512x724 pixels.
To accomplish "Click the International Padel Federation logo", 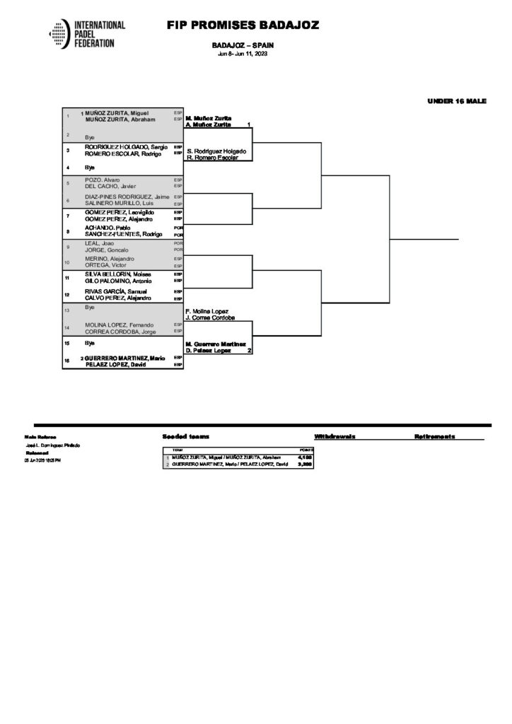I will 87,34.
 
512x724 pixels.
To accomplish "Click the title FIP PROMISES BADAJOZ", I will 243,25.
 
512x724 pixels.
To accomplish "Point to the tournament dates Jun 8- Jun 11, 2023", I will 243,54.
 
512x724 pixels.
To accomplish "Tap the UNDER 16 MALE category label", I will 457,102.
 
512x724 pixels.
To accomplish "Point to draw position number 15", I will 68,343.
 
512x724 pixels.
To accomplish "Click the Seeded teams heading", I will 185,437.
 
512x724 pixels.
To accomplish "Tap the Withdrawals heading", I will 334,437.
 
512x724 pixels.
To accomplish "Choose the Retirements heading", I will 434,437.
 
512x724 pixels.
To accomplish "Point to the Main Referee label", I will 40,437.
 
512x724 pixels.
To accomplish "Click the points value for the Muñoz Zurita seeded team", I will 306,457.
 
